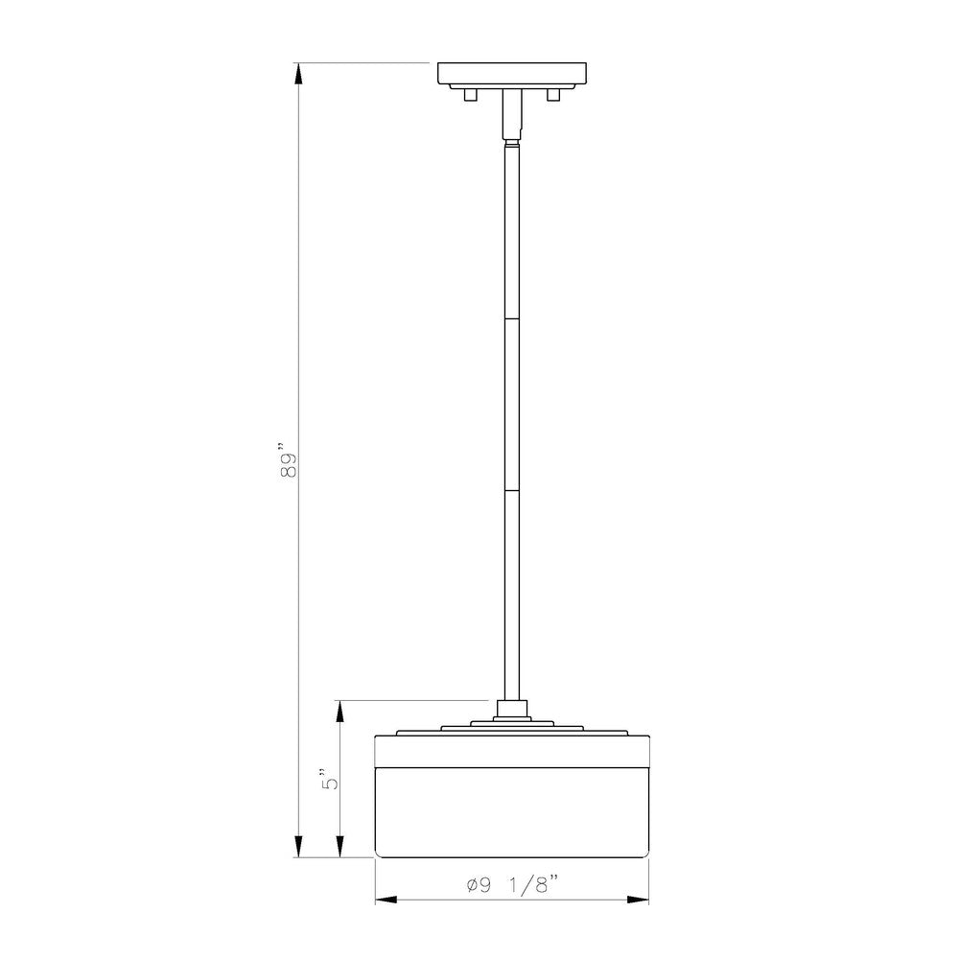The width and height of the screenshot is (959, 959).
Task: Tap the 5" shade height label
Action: pos(330,779)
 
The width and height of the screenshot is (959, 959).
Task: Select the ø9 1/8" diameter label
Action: pos(513,885)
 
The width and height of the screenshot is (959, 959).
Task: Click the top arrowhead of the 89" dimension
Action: pos(298,74)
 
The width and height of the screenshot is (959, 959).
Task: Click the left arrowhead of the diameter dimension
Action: pos(386,900)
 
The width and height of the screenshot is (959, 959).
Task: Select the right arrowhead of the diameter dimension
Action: pos(638,900)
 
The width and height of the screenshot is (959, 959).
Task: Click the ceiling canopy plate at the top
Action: pos(512,74)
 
